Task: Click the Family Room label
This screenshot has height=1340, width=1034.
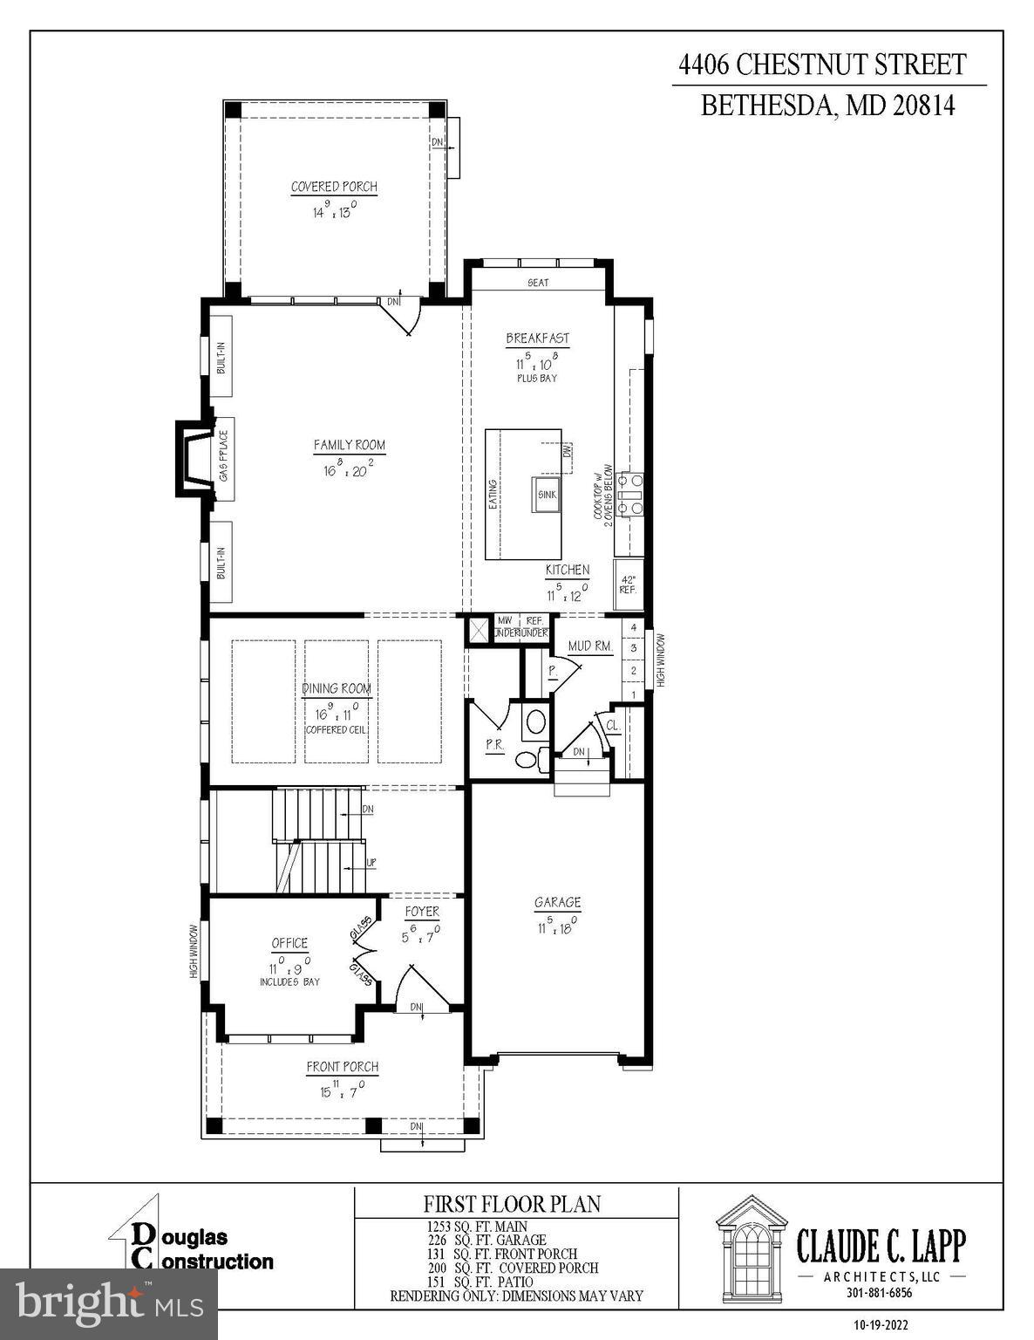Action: [x=349, y=445]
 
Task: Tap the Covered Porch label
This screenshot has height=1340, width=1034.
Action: [x=334, y=187]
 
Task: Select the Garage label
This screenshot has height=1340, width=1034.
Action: [x=557, y=903]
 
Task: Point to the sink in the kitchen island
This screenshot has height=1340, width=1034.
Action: [x=547, y=495]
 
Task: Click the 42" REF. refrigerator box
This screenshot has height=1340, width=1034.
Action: [x=628, y=585]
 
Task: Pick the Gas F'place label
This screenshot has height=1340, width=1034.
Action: [x=223, y=456]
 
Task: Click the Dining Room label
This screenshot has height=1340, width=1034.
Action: [x=337, y=688]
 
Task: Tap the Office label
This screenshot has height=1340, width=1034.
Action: [x=289, y=943]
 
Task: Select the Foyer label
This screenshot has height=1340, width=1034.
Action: [x=422, y=912]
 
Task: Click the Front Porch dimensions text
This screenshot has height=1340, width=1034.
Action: [x=342, y=1090]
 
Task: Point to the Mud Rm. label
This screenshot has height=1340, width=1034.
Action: [x=590, y=646]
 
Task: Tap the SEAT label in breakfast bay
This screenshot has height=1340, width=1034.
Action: [x=538, y=283]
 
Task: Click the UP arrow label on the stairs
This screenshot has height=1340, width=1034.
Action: [x=371, y=862]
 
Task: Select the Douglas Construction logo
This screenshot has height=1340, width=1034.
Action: [x=192, y=1248]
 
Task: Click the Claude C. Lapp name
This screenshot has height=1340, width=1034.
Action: [x=881, y=1246]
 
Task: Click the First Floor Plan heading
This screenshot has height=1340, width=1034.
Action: [x=512, y=1204]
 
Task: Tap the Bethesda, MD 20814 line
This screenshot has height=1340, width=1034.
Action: [x=828, y=106]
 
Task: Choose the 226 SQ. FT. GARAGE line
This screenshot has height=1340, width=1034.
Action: [x=486, y=1240]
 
